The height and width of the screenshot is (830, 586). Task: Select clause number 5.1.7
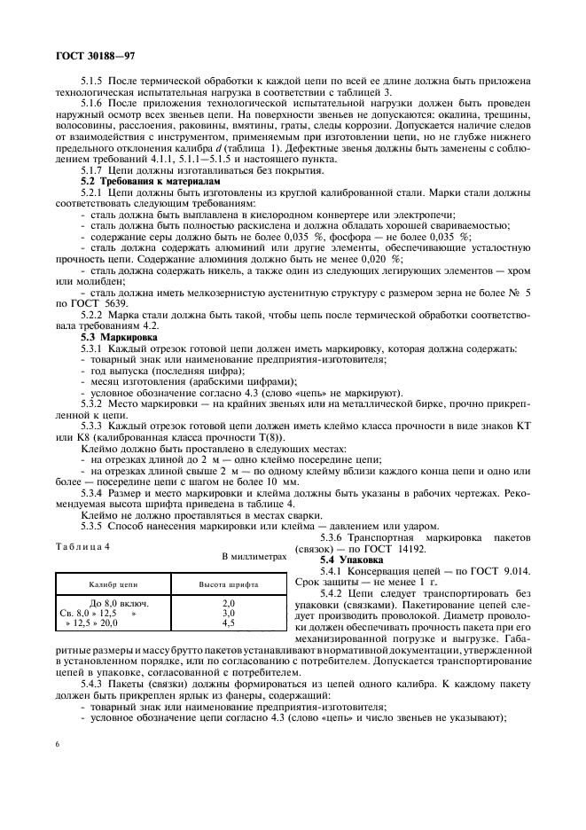point(93,169)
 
